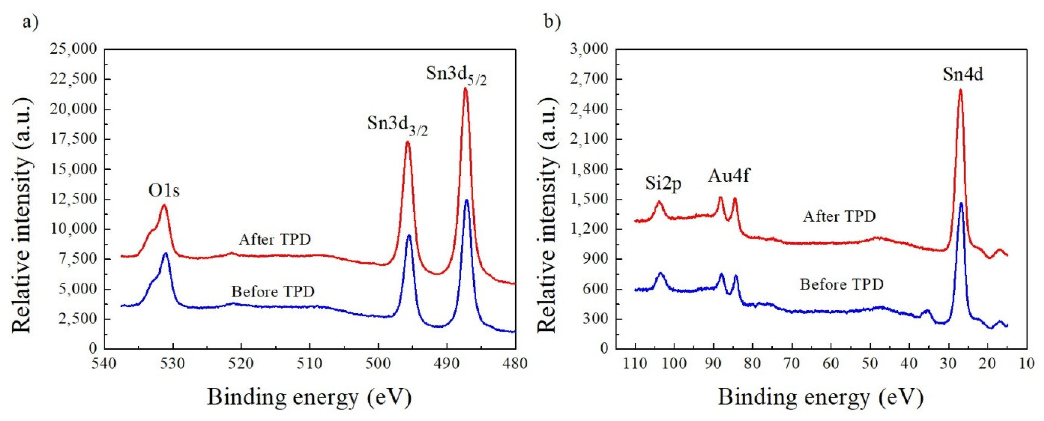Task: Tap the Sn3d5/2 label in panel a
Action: tap(456, 76)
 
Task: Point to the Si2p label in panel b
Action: tap(663, 184)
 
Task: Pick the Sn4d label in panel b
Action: tap(962, 74)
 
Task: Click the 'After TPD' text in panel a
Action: tap(275, 239)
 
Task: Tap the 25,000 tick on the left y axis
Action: tap(73, 49)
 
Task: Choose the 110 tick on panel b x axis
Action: tap(635, 363)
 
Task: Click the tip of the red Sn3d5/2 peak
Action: tap(465, 88)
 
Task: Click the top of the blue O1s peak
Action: tap(165, 254)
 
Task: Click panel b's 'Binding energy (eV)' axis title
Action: tap(821, 398)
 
